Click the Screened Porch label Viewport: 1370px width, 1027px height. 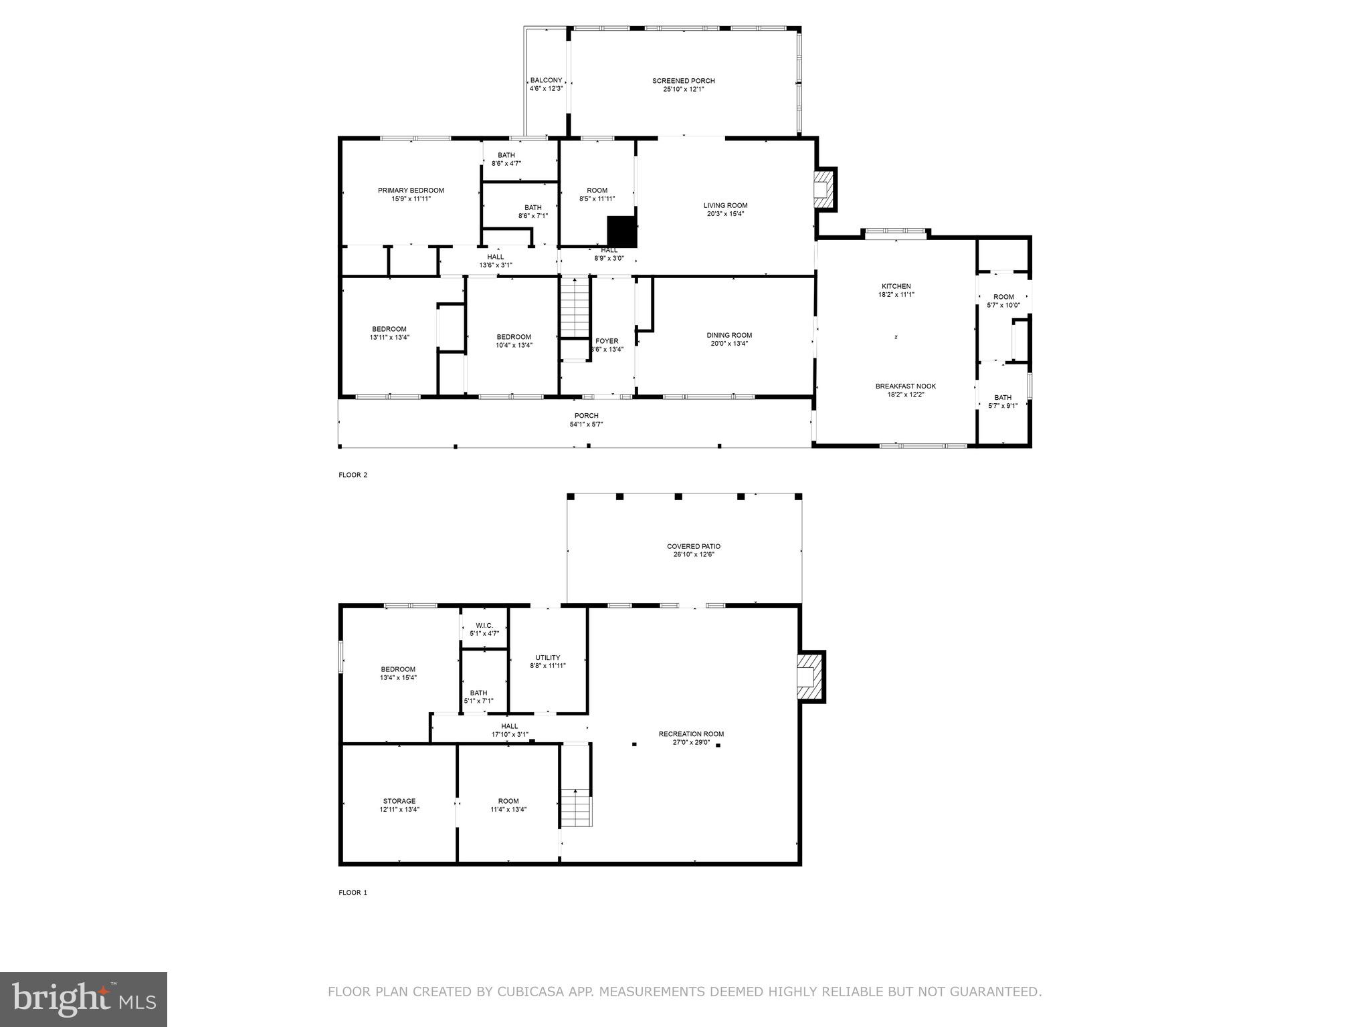tap(683, 81)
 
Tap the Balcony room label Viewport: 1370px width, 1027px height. tap(546, 80)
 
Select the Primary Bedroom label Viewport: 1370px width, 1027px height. tap(411, 191)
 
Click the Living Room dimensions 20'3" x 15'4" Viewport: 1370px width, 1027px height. tap(725, 214)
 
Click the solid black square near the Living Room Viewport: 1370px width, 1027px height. tap(622, 231)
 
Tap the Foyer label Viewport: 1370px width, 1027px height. tap(607, 341)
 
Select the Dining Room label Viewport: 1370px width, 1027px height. tap(729, 336)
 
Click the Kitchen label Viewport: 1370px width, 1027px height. tap(896, 286)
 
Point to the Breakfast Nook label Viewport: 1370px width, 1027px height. tap(905, 386)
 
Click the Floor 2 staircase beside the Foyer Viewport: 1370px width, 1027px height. tap(574, 308)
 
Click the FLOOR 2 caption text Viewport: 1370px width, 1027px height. tap(353, 475)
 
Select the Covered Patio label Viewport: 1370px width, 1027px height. tap(693, 546)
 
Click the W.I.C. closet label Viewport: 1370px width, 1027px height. tap(484, 625)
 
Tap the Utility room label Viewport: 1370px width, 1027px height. tap(547, 657)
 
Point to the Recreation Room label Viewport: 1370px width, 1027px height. tap(691, 733)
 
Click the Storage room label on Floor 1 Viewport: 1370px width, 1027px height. tap(399, 801)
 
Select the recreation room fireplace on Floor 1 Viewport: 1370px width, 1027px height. tap(810, 676)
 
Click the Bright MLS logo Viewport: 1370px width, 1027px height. tap(84, 1000)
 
